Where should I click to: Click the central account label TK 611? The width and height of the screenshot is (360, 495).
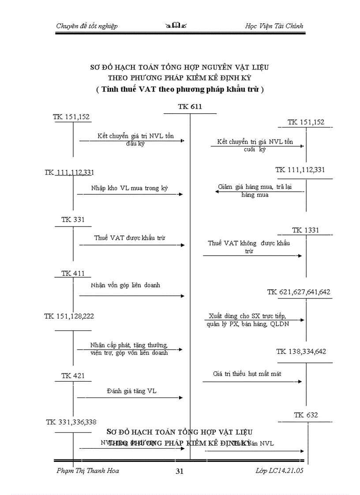[x=190, y=107]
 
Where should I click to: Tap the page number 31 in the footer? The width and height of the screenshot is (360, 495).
[x=179, y=471]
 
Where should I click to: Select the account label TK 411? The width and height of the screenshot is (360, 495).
[x=73, y=273]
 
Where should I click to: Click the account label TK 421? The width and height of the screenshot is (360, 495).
[x=73, y=376]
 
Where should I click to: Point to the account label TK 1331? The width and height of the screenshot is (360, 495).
[x=305, y=230]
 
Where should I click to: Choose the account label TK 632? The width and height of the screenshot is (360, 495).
[x=306, y=415]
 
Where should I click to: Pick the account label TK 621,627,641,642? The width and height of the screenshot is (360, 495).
[x=299, y=292]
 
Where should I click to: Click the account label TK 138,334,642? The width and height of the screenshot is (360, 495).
[x=301, y=351]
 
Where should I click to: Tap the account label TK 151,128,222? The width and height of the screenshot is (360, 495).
[x=69, y=316]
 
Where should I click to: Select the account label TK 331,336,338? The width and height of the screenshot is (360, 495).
[x=71, y=422]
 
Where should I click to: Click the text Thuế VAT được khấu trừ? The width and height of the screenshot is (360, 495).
[x=130, y=238]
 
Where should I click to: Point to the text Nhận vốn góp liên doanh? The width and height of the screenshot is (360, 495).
[x=126, y=285]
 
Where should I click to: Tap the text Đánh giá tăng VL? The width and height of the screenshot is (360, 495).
[x=131, y=391]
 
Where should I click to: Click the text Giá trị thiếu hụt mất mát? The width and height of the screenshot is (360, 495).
[x=247, y=374]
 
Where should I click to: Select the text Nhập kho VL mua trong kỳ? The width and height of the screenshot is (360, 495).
[x=130, y=188]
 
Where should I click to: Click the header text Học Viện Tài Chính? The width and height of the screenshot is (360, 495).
[x=274, y=26]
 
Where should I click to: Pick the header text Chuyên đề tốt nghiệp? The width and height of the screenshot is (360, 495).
[x=87, y=26]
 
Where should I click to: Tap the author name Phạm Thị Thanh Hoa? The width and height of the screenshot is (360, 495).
[x=88, y=471]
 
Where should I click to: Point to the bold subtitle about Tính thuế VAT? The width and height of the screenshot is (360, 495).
[x=180, y=89]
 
